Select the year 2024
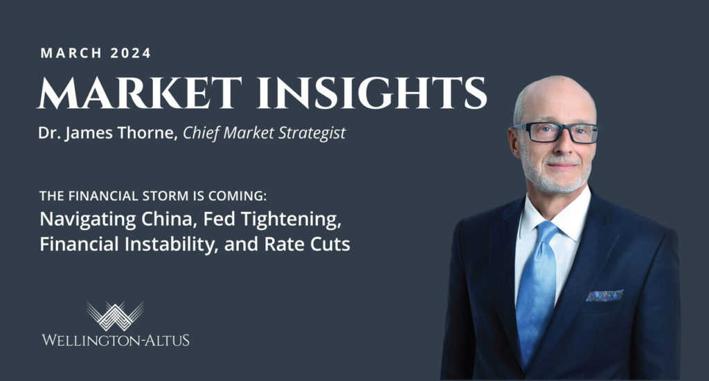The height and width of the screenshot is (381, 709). [129, 53]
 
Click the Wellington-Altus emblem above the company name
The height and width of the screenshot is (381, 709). [115, 314]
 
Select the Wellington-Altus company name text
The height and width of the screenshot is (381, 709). [115, 340]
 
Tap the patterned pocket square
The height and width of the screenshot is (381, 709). [604, 295]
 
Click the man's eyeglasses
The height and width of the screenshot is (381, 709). [555, 132]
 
